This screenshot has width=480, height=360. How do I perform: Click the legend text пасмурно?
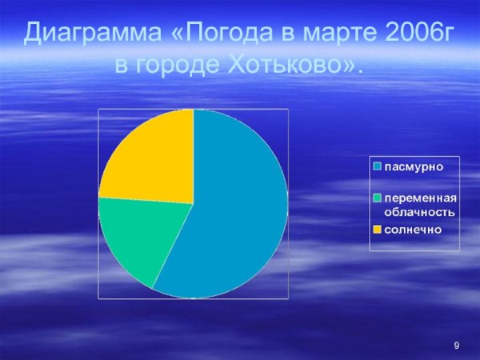point(414,167)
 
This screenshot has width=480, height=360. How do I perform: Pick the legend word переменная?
point(420,199)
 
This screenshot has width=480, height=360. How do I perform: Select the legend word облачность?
point(420,212)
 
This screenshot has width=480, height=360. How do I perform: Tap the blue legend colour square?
point(376,167)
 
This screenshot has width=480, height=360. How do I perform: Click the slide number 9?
point(456,345)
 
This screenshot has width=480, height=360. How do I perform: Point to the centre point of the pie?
point(193,204)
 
